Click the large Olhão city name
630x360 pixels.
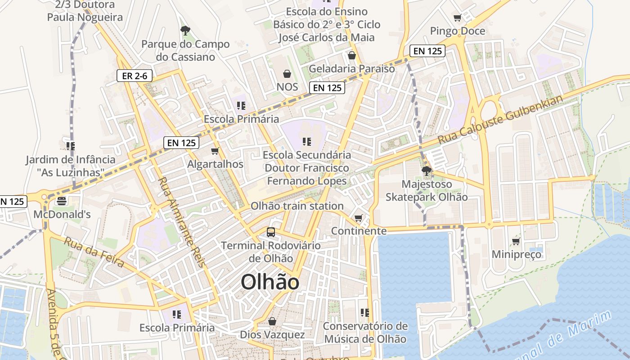click(270, 283)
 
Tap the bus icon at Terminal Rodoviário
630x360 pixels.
click(270, 232)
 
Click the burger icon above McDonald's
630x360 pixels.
click(62, 201)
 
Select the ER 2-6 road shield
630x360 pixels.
click(135, 76)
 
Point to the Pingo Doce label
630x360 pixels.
click(458, 31)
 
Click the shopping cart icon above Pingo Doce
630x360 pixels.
click(458, 18)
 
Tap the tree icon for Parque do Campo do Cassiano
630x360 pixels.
click(185, 31)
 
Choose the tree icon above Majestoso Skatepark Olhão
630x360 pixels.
click(426, 171)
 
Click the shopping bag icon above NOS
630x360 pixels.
click(287, 73)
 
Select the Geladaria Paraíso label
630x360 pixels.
click(351, 69)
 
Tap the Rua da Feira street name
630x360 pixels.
click(94, 252)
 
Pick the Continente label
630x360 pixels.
click(359, 231)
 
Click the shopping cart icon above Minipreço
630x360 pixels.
click(516, 242)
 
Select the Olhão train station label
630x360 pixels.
click(297, 206)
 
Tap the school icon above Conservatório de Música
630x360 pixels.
click(365, 312)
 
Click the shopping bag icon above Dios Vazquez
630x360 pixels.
click(272, 321)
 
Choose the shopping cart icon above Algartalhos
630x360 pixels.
click(215, 151)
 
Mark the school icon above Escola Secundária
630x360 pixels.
click(307, 142)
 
